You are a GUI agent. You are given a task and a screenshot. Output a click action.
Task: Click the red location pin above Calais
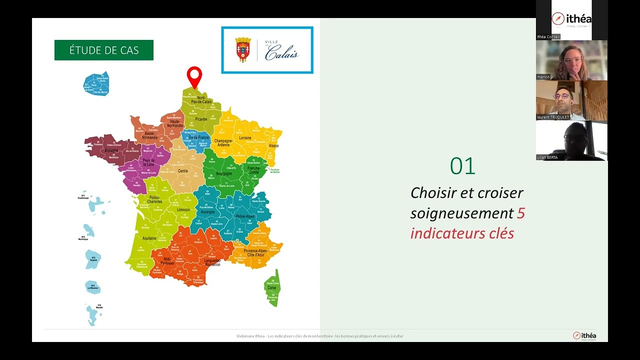click(x=194, y=76)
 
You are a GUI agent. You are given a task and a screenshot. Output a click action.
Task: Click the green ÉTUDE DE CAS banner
click(x=104, y=50)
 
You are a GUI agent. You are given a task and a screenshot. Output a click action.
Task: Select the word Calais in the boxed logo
click(x=281, y=52)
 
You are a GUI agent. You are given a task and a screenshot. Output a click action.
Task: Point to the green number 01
click(x=462, y=166)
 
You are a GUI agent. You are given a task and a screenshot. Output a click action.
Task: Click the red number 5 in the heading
click(x=520, y=213)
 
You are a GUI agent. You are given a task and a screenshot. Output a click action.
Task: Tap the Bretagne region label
click(x=111, y=150)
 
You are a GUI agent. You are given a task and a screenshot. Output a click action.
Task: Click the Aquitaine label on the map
click(x=149, y=238)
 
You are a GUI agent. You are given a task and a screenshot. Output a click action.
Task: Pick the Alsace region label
click(x=273, y=146)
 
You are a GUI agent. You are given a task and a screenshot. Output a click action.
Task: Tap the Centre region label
click(x=183, y=171)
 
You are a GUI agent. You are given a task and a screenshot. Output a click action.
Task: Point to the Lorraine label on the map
click(x=245, y=137)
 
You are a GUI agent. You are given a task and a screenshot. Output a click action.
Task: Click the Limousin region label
click(x=183, y=210)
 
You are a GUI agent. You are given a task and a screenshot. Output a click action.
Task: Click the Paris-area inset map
click(x=96, y=84)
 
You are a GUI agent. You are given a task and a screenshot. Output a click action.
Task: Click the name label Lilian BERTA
click(x=547, y=157)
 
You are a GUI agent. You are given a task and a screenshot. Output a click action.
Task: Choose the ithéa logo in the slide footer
click(x=584, y=335)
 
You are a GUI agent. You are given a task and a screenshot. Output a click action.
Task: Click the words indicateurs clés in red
click(x=462, y=233)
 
